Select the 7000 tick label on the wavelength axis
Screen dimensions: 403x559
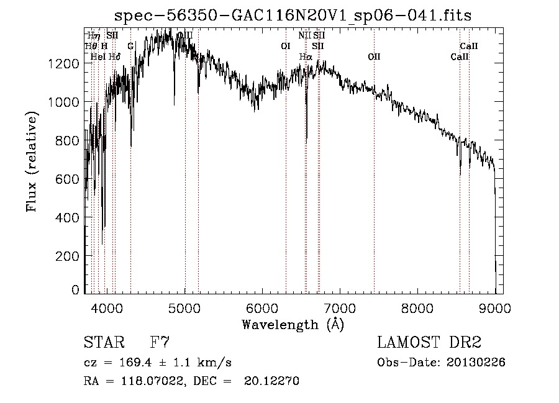[340, 307]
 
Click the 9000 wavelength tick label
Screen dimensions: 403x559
[495, 307]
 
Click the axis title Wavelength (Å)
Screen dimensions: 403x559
[293, 324]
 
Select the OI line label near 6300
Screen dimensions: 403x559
[286, 46]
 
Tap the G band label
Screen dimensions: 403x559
[130, 46]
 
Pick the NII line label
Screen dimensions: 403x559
[304, 36]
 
